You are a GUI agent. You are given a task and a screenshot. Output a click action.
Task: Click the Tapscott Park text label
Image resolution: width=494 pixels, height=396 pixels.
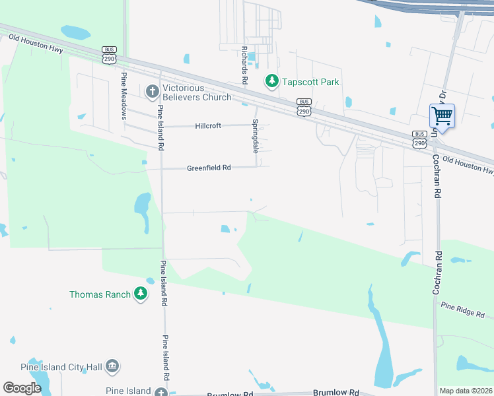[310, 82]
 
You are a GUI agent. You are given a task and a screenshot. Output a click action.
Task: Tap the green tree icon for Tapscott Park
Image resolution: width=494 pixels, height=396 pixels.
[271, 81]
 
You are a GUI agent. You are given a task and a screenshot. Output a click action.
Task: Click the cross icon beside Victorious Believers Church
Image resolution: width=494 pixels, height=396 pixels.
[152, 90]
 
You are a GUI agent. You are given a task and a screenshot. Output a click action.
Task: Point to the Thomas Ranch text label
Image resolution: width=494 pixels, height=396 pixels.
[100, 294]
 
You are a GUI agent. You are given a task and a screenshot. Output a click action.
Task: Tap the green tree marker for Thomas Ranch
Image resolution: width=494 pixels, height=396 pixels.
[140, 294]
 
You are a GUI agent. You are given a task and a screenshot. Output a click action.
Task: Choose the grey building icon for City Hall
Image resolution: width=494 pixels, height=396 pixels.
[112, 366]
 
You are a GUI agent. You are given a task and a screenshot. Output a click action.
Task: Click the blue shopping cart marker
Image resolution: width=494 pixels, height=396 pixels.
[442, 117]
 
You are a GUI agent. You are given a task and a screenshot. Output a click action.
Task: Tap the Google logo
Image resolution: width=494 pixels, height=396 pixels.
[22, 388]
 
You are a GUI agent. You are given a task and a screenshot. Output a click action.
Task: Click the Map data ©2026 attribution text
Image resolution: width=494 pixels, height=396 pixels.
[466, 391]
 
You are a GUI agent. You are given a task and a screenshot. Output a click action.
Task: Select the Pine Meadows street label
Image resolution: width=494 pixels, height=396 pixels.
[123, 96]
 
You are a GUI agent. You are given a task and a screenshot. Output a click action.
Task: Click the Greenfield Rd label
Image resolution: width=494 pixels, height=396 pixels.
[208, 168]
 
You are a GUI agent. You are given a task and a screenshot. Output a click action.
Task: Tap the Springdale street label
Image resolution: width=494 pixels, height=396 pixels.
[256, 136]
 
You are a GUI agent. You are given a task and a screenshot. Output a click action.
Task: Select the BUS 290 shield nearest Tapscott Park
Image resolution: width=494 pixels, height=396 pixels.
[304, 108]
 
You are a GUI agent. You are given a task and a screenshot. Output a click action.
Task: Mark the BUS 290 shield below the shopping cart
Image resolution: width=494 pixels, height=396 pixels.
[419, 139]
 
